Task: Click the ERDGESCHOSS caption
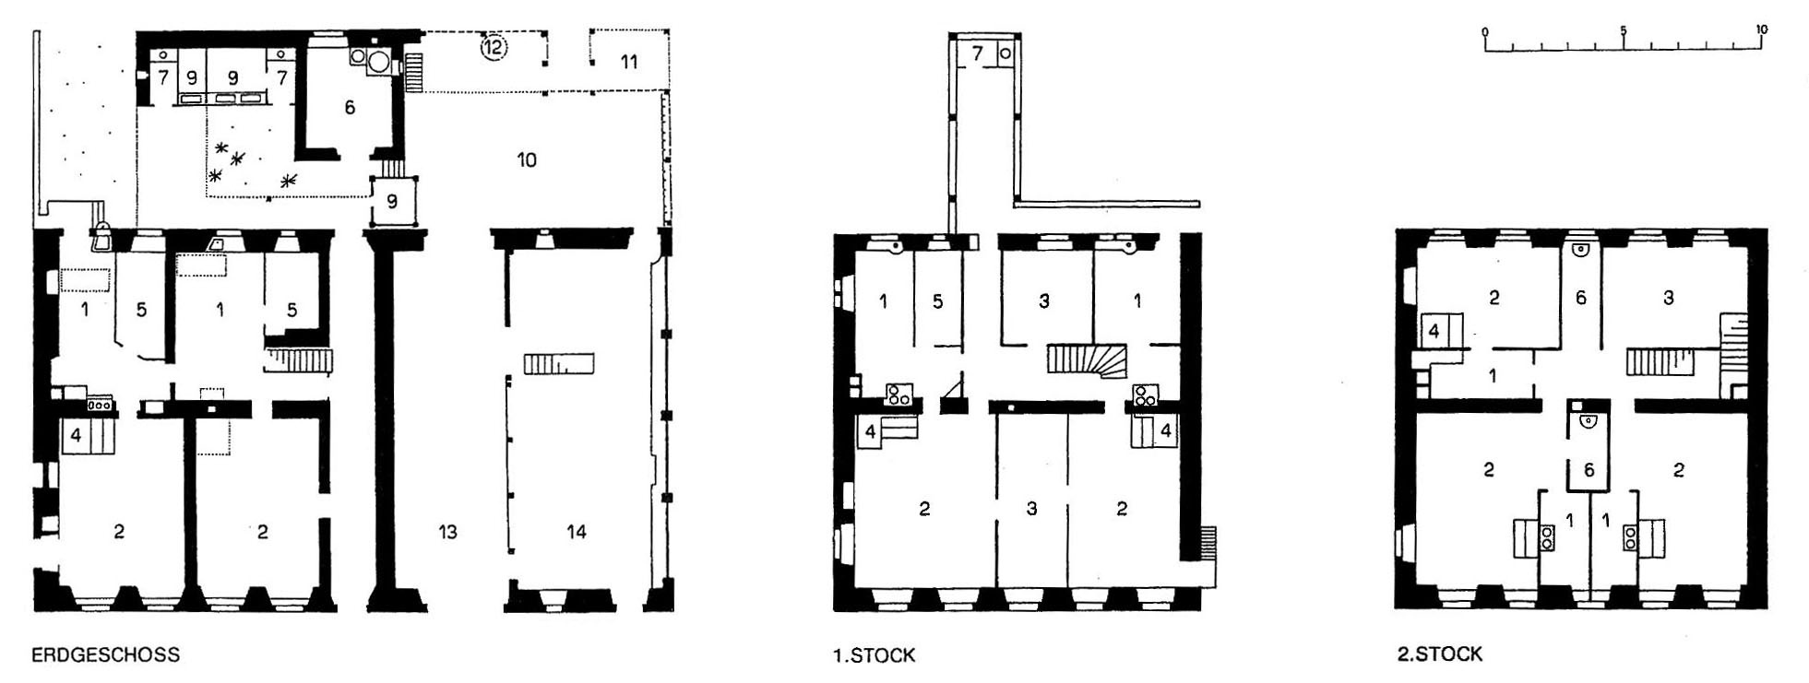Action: [105, 655]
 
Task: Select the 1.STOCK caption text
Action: [874, 655]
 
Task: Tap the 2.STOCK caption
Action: [1439, 654]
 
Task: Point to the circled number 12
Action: [494, 45]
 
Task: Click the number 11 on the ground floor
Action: [628, 62]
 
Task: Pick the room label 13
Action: [447, 532]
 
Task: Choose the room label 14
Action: [577, 532]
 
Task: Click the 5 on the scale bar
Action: [1623, 30]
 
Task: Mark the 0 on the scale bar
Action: [1485, 32]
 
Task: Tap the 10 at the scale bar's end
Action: [1761, 29]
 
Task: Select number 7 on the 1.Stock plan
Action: [977, 53]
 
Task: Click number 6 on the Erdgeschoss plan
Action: [350, 108]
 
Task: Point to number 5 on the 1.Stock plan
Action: [937, 301]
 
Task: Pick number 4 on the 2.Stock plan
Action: [1434, 329]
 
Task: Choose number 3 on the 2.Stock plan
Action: [1668, 298]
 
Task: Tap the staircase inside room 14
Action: [559, 363]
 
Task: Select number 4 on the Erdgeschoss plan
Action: [76, 434]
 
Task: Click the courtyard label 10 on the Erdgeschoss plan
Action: [527, 160]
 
